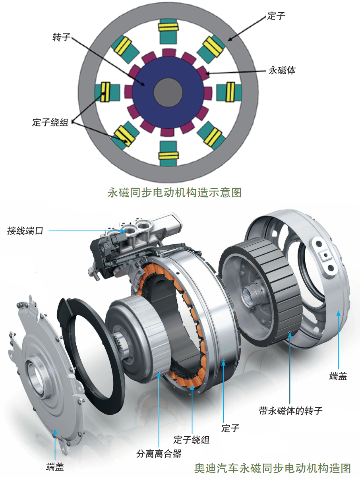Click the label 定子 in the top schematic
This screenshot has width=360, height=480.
(276, 16)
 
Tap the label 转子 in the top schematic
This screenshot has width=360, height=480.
(61, 38)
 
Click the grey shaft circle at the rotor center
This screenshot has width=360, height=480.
(168, 92)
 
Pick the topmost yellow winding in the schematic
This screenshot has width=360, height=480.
(168, 27)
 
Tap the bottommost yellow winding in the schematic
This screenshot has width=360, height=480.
(168, 155)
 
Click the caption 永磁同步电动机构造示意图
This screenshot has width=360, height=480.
(175, 193)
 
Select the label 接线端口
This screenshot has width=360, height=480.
(25, 231)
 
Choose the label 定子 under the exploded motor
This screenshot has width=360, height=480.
(230, 428)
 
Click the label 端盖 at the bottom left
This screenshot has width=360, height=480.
(55, 467)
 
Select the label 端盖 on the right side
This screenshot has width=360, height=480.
(338, 376)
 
